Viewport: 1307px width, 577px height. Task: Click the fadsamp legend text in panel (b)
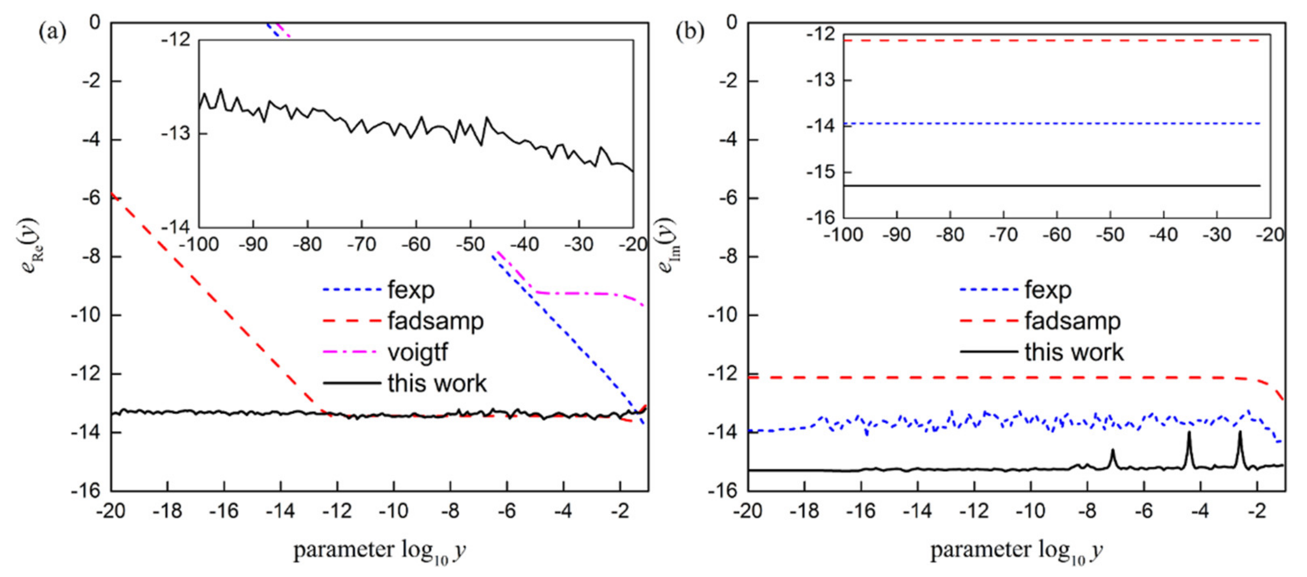pos(1072,321)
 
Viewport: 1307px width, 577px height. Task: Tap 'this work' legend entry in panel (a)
pos(437,383)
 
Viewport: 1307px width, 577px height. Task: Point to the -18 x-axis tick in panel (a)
pos(167,510)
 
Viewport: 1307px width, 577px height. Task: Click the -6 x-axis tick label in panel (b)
pos(1144,510)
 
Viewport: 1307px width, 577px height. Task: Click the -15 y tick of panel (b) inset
pos(820,172)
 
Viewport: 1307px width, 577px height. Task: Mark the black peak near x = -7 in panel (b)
pos(1112,451)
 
